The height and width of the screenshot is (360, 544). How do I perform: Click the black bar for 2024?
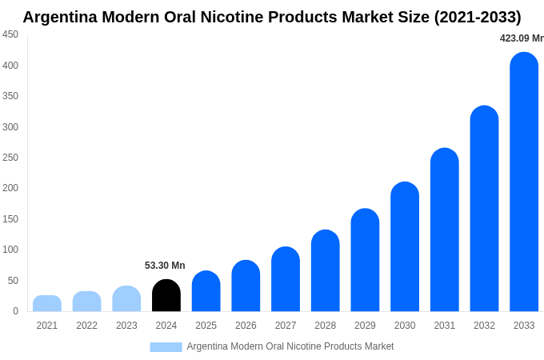[166, 296]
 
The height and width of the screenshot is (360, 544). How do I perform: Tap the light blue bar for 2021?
[47, 304]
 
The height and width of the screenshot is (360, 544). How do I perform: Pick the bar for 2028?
[326, 271]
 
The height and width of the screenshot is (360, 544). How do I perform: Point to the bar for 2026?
[246, 286]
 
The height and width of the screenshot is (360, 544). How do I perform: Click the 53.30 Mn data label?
[165, 266]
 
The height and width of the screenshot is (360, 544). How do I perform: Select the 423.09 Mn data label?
[521, 38]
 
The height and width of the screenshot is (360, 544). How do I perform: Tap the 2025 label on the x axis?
[206, 326]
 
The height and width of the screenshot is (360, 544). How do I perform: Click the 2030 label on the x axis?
[405, 326]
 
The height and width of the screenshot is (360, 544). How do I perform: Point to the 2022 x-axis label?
[86, 326]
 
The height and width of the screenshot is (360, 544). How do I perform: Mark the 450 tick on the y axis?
[10, 34]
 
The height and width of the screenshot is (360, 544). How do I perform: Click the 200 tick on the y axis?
[10, 188]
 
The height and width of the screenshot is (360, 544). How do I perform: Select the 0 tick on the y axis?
[15, 311]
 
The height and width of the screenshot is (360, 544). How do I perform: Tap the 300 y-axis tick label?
[10, 126]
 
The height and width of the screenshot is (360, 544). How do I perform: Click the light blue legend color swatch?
[166, 346]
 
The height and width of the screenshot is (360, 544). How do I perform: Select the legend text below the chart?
[290, 346]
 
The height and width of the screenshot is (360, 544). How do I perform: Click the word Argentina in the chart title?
[63, 17]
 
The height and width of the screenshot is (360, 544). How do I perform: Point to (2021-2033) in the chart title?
[477, 17]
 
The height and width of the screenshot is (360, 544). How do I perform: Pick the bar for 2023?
[126, 299]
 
